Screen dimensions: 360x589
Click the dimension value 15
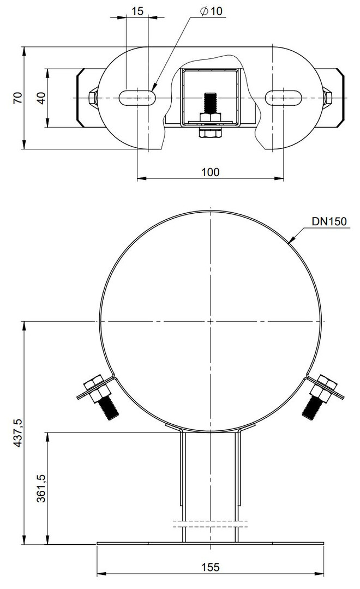tap(137, 11)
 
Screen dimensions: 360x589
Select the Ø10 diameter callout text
tap(212, 11)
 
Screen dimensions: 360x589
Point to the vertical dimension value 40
tap(41, 98)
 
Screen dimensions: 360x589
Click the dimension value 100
tap(210, 172)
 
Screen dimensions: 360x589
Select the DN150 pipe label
tap(329, 221)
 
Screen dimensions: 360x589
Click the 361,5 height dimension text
tap(41, 488)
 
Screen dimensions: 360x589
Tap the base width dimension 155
tap(210, 567)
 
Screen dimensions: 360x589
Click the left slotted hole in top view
tap(137, 98)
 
